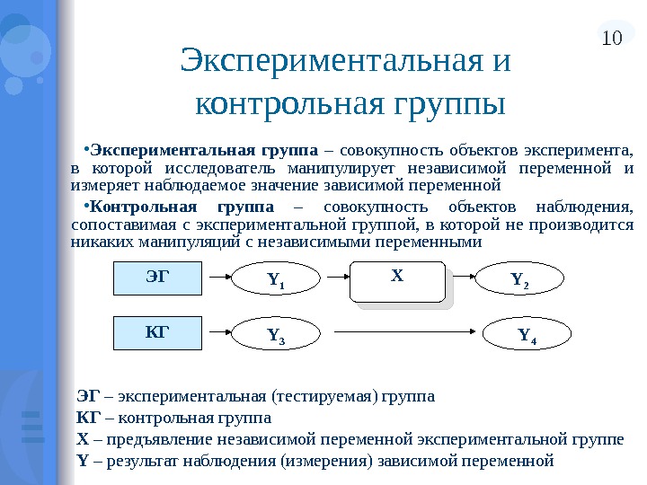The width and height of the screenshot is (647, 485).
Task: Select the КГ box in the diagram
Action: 157,332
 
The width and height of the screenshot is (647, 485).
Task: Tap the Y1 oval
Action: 275,282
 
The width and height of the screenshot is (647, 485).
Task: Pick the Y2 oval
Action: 519,281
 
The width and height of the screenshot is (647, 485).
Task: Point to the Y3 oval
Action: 275,337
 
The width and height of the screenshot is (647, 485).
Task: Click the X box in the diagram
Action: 397,281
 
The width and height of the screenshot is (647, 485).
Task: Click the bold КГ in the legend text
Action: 87,418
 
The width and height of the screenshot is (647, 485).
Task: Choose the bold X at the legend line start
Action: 83,439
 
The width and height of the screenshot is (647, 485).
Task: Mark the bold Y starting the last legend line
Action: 83,461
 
